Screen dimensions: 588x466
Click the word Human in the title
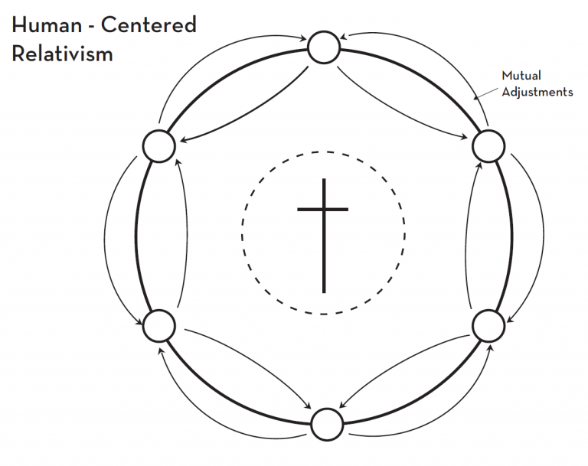click(x=47, y=25)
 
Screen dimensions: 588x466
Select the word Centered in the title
click(x=149, y=25)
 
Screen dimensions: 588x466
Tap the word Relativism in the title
click(x=62, y=54)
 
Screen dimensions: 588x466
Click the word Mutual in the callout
click(x=521, y=75)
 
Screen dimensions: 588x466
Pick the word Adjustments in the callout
click(x=537, y=93)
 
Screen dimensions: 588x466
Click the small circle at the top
click(x=324, y=47)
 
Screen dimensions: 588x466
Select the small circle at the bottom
click(x=328, y=425)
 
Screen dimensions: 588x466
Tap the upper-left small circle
click(x=159, y=146)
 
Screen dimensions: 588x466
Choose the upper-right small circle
click(x=488, y=146)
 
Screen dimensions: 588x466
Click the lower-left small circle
click(x=159, y=326)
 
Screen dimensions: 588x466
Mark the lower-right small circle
click(x=488, y=326)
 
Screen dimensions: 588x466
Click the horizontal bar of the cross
click(x=323, y=210)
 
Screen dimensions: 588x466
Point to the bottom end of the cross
click(x=324, y=293)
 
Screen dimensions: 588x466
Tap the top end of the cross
click(x=324, y=179)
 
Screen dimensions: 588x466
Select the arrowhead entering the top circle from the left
click(x=303, y=37)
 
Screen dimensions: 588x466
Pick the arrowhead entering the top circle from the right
click(x=344, y=37)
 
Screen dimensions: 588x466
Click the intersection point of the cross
click(x=324, y=210)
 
